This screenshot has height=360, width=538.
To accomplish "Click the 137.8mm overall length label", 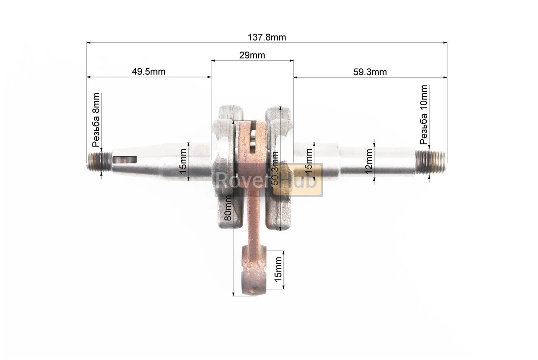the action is pos(267,37).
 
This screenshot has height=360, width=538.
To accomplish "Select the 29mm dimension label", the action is pos(252,55).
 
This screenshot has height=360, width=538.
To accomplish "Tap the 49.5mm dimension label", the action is pos(148,72).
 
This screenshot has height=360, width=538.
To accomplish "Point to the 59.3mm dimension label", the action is pos(370,72).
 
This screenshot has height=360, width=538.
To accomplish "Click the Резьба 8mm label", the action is pos(96,120).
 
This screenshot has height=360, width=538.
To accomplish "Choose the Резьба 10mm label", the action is pos(424,115).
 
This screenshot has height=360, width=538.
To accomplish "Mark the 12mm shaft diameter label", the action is pos(369,161).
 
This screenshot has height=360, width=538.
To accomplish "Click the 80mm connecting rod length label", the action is pos(228,208).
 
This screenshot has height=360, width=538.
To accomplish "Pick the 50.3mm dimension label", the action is pos(275,168).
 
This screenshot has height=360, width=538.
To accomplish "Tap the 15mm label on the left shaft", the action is pos(183,161).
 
